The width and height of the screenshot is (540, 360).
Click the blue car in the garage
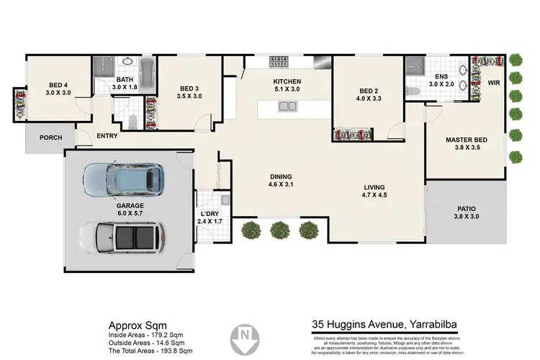pos(123,180)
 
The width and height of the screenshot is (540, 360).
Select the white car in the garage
pos(121,237)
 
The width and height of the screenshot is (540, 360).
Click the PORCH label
pos(50,138)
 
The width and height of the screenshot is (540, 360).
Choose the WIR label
pos(493,84)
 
